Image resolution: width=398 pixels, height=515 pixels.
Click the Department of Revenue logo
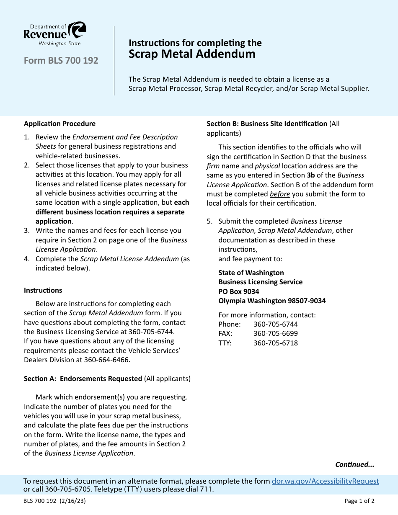pos(55,34)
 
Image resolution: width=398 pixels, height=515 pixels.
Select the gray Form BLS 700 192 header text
pos(61,61)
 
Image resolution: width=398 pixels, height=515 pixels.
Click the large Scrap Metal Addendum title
pos(192,54)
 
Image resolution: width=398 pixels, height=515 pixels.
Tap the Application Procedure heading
pos(59,124)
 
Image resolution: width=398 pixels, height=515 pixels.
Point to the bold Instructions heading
pos(43,290)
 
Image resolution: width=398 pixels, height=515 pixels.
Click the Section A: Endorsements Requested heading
pos(83,379)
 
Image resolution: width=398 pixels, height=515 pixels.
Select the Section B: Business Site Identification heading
pos(267,124)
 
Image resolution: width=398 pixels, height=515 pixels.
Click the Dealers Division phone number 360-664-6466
pos(107,360)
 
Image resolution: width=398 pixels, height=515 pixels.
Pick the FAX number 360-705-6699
pos(275,333)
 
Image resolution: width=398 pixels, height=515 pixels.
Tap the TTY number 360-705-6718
pos(275,343)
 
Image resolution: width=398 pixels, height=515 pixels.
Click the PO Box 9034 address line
pos(239,291)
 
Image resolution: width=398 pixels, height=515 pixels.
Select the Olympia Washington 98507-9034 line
pos(272,301)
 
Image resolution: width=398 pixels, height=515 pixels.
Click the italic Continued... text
pos(354,464)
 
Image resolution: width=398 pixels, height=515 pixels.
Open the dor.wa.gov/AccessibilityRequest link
pos(325,481)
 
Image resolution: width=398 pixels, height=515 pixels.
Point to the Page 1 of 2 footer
pos(359,501)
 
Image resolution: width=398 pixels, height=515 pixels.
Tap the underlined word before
pos(280,194)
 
